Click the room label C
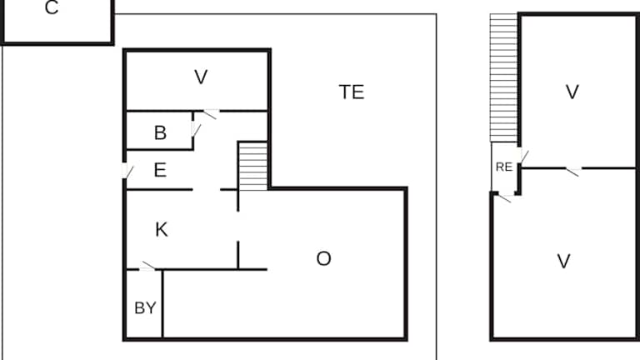click(52, 7)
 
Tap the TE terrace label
click(352, 92)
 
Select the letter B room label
click(160, 132)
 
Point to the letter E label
click(160, 170)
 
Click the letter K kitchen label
click(161, 230)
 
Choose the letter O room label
click(323, 259)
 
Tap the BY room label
click(145, 307)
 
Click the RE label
click(503, 167)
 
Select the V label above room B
click(201, 77)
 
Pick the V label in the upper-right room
click(572, 92)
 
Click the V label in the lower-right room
click(563, 261)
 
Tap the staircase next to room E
click(253, 166)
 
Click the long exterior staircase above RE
click(504, 78)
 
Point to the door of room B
click(196, 130)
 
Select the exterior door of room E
click(127, 171)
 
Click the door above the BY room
click(147, 267)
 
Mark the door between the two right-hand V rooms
click(573, 171)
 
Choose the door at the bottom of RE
click(505, 197)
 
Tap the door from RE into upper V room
click(522, 155)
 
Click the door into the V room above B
click(211, 114)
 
